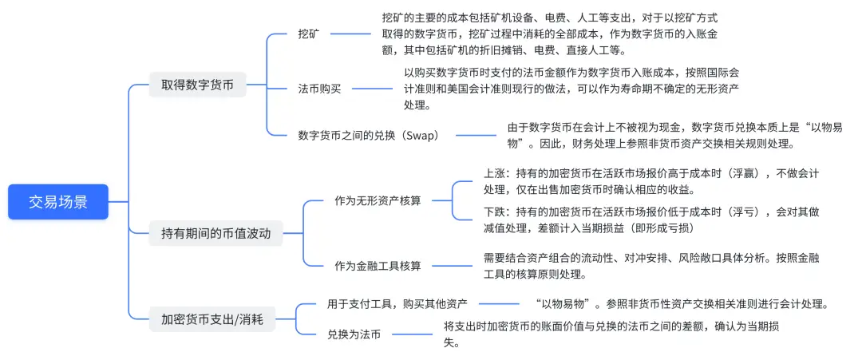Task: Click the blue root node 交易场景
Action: pyautogui.click(x=57, y=202)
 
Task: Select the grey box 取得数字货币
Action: pyautogui.click(x=197, y=84)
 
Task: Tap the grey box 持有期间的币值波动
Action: pyautogui.click(x=215, y=234)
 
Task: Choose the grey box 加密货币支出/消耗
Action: pyautogui.click(x=212, y=319)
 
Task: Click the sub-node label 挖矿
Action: pyautogui.click(x=309, y=34)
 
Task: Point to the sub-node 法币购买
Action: pyautogui.click(x=318, y=88)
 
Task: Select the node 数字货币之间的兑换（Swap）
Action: pyautogui.click(x=368, y=135)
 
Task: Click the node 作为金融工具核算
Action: pyautogui.click(x=378, y=265)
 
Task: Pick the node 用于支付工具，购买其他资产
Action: pyautogui.click(x=397, y=304)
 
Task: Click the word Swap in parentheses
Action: pyautogui.click(x=421, y=135)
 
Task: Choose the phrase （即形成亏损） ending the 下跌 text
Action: pyautogui.click(x=674, y=228)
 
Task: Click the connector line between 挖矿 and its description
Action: pyautogui.click(x=350, y=34)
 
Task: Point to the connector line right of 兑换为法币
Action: pyautogui.click(x=413, y=335)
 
